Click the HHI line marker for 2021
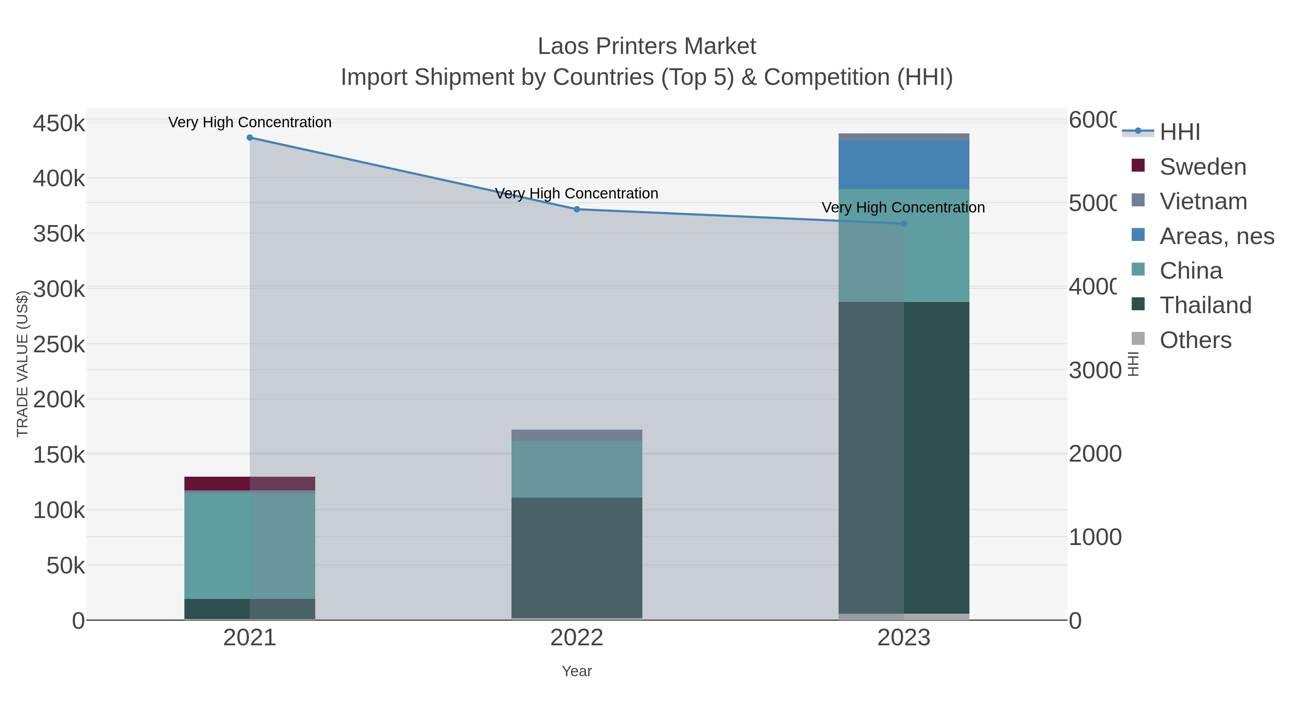click(x=250, y=138)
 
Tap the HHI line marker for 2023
click(x=904, y=224)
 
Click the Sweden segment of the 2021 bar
click(x=250, y=483)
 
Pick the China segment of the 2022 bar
click(x=577, y=469)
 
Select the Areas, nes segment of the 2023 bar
click(x=904, y=165)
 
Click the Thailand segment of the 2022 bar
click(x=577, y=558)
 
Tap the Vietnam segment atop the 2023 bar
click(x=904, y=137)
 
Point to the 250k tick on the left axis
click(x=59, y=345)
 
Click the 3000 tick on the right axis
click(x=1094, y=370)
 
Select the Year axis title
click(x=577, y=671)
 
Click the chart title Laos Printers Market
click(x=647, y=46)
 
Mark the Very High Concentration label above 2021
click(x=250, y=122)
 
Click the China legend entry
click(x=1190, y=271)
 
